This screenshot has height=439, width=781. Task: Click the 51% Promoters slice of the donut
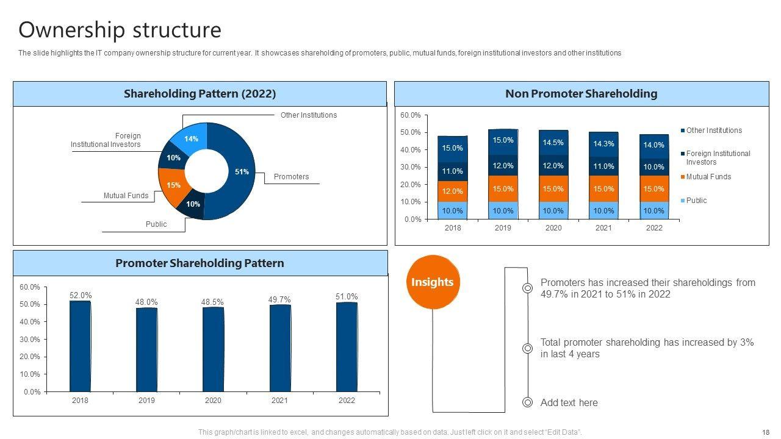tap(242, 172)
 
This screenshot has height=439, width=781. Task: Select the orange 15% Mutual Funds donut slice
tap(173, 185)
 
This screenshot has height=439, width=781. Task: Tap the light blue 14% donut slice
tap(191, 139)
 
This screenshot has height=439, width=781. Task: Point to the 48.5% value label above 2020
tap(213, 302)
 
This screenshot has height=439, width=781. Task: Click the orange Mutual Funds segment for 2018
tap(453, 191)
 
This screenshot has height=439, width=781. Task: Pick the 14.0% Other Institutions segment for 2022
tap(653, 146)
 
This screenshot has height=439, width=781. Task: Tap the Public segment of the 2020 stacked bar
tap(553, 211)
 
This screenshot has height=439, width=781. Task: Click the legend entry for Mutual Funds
tap(708, 177)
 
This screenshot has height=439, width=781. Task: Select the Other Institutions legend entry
tap(713, 130)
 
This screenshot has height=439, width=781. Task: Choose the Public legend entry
tap(696, 201)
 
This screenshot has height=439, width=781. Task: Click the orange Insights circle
tap(432, 282)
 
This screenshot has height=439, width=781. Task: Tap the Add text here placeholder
tap(569, 402)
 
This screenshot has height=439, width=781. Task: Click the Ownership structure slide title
tap(120, 30)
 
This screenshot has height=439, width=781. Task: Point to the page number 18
tap(766, 432)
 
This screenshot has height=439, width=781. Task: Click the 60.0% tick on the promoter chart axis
tap(31, 287)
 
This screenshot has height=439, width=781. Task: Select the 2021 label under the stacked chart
tap(603, 228)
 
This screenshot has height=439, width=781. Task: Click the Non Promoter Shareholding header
tap(581, 94)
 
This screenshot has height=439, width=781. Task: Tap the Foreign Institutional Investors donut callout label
tap(106, 140)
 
